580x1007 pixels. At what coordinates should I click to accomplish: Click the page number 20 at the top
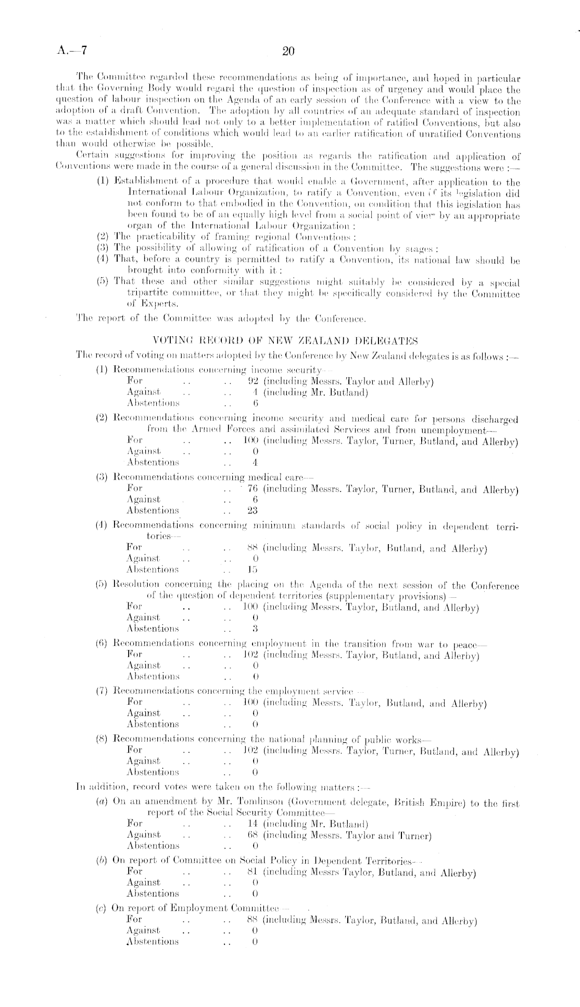click(288, 51)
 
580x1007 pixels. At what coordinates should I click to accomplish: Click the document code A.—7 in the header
click(72, 51)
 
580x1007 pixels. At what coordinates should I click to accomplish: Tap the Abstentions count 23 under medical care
click(253, 511)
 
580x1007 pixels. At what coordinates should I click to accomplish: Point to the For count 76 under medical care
click(253, 489)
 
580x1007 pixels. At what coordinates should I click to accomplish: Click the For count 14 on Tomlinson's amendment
click(253, 824)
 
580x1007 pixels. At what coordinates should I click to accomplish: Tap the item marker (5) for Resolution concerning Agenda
click(102, 585)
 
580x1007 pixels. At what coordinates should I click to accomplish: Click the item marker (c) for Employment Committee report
click(101, 908)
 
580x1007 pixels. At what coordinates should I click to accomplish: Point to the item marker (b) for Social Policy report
click(102, 861)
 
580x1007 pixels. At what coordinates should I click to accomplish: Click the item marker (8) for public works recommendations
click(102, 739)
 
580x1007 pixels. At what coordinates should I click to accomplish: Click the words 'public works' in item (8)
click(406, 739)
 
